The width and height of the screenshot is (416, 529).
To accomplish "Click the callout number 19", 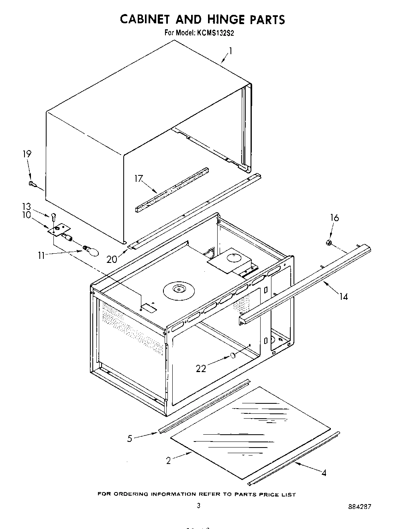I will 27,154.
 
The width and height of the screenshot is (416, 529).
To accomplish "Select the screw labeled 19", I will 32,184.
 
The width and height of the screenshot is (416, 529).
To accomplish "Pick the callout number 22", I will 201,368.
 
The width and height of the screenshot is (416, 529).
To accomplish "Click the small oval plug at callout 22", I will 232,355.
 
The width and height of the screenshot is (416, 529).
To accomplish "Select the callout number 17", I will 139,178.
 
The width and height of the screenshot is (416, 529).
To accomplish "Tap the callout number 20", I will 112,259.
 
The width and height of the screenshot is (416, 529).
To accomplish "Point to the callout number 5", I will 130,438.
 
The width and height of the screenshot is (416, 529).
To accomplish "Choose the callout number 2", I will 169,461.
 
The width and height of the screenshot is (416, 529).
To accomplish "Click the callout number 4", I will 324,473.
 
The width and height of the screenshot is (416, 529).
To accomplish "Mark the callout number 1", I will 230,51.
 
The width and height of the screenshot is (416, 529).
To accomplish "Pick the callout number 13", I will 27,207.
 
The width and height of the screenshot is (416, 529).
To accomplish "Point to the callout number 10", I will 27,215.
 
